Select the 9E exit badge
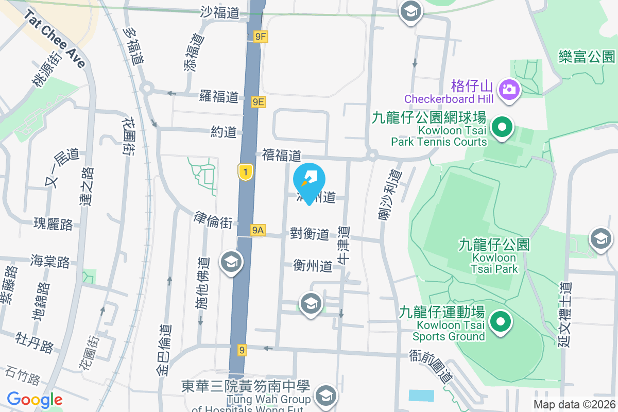(258, 102)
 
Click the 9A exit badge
(258, 231)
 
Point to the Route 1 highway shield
(246, 172)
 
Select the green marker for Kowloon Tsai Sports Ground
(499, 323)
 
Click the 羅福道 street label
(219, 96)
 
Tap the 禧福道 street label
(281, 155)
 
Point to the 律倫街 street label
(213, 220)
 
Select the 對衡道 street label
(310, 234)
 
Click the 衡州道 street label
(313, 266)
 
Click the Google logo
(35, 400)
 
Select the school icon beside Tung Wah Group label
(325, 396)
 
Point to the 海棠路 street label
(50, 261)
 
